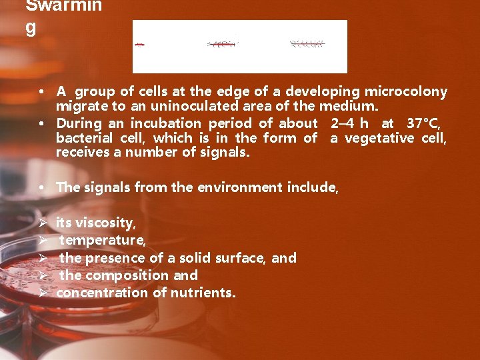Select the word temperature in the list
pos(102,240)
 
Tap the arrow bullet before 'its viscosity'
pos(43,223)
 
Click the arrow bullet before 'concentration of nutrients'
pos(43,292)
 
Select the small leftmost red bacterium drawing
pos(140,44)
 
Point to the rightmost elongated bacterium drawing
pos(307,44)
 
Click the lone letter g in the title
pos(30,28)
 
